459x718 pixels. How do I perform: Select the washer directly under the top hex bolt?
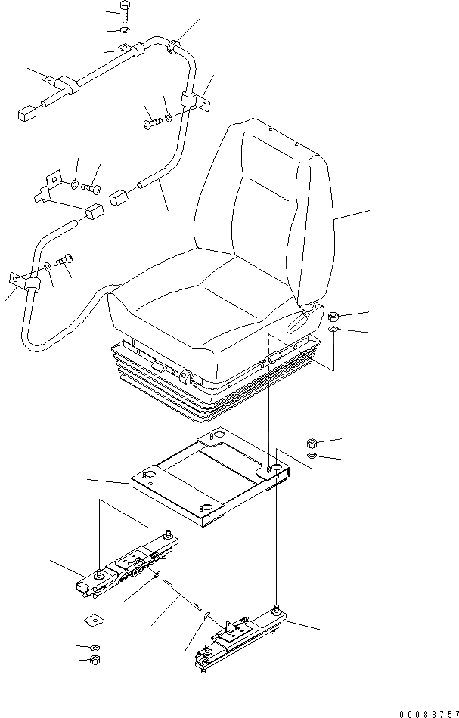click(x=124, y=31)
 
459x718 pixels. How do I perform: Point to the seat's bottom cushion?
click(x=204, y=302)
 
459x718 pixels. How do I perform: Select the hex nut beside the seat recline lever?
click(x=334, y=315)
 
